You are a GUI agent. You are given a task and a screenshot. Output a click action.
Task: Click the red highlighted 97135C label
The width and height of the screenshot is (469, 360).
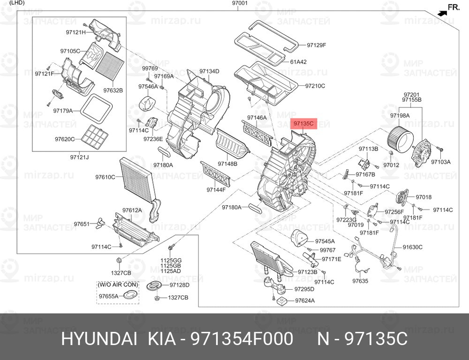pyautogui.click(x=303, y=123)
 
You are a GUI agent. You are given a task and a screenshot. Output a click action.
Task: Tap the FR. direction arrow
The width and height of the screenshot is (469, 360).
pyautogui.click(x=442, y=13)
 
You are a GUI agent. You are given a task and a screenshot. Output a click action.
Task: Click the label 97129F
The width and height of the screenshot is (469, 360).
pyautogui.click(x=316, y=45)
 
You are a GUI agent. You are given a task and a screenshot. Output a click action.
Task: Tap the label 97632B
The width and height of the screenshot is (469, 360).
pyautogui.click(x=113, y=90)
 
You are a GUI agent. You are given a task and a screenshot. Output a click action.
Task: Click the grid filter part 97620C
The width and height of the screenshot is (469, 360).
pyautogui.click(x=95, y=137)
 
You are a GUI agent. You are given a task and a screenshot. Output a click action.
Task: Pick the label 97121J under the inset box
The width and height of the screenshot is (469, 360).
pyautogui.click(x=80, y=157)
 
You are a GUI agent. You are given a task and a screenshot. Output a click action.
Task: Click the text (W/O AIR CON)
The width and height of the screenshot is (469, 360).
pyautogui.click(x=118, y=285)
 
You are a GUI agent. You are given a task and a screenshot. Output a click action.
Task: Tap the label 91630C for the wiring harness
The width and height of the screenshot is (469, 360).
pyautogui.click(x=412, y=247)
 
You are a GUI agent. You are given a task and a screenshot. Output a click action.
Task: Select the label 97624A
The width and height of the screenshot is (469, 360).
pyautogui.click(x=305, y=300)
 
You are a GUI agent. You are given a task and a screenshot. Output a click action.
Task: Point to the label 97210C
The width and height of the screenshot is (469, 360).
pyautogui.click(x=315, y=86)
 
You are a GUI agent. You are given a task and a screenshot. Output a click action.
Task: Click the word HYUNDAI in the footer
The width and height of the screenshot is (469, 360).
pyautogui.click(x=99, y=339)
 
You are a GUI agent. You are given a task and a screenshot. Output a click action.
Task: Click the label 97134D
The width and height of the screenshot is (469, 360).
pyautogui.click(x=209, y=71)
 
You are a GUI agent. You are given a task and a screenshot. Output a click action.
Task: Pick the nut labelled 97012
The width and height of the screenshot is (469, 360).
pyautogui.click(x=391, y=154)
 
